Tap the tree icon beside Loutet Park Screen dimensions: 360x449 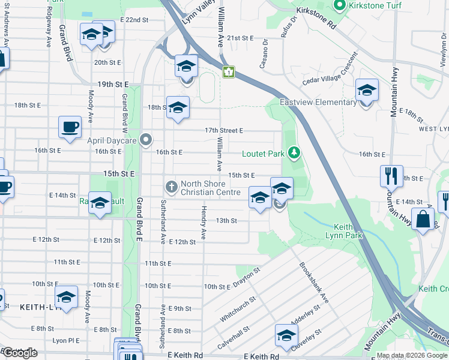point(294,154)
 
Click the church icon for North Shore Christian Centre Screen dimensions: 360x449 point(171,187)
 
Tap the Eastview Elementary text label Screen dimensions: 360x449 point(318,102)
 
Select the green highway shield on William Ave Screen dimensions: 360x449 point(228,72)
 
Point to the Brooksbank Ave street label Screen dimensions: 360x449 point(314,282)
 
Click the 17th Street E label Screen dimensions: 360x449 point(223,130)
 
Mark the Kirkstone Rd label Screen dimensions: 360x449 point(315,19)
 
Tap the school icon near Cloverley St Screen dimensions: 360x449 point(286,334)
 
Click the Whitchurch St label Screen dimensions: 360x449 point(238,307)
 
